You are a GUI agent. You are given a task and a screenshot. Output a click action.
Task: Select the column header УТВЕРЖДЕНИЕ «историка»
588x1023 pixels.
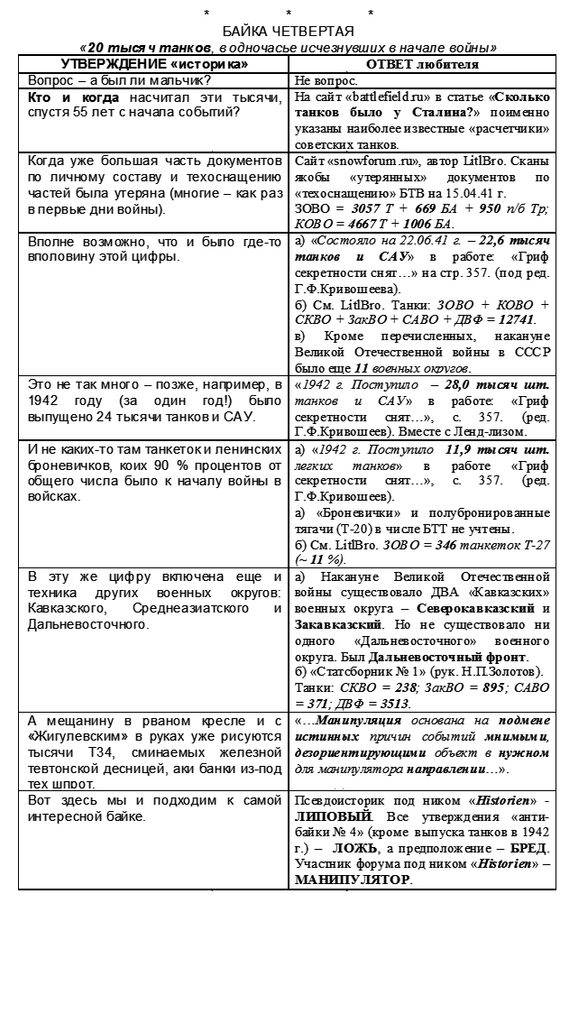tap(153, 63)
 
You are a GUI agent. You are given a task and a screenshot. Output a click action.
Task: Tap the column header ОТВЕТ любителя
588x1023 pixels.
tap(422, 64)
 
